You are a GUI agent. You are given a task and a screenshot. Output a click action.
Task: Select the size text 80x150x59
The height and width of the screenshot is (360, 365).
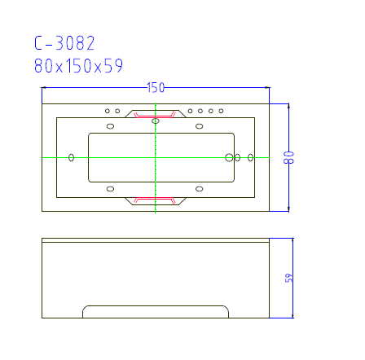click(x=79, y=67)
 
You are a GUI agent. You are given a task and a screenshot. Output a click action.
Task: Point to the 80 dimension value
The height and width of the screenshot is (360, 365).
click(x=288, y=157)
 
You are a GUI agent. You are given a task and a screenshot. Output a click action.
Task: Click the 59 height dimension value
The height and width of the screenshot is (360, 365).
click(x=288, y=278)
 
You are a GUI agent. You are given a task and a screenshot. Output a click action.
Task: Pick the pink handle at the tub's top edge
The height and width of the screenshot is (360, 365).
click(x=155, y=115)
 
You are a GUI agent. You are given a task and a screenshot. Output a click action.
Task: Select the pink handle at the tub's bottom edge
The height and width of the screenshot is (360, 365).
click(x=155, y=198)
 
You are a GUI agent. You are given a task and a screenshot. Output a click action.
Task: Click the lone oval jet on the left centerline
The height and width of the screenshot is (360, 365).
click(x=72, y=156)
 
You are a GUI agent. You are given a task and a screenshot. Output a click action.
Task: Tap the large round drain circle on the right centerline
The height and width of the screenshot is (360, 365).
click(x=229, y=157)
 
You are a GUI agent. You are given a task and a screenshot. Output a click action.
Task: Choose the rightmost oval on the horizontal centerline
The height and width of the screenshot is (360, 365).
click(x=250, y=157)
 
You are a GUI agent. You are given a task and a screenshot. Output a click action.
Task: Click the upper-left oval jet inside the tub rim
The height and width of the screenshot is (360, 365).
click(x=111, y=125)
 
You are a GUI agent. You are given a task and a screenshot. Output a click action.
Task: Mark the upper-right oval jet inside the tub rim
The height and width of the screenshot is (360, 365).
click(x=199, y=125)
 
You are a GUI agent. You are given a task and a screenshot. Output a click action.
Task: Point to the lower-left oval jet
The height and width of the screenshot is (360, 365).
click(x=111, y=189)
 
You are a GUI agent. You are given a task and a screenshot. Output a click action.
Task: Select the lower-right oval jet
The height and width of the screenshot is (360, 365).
click(x=199, y=189)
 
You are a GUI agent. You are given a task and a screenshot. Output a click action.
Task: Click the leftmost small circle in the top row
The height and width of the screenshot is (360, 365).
click(x=107, y=111)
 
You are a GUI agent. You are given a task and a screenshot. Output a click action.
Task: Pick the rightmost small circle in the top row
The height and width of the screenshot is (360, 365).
click(x=221, y=111)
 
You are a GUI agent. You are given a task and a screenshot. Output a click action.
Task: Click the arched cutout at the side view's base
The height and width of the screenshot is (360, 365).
click(x=156, y=311)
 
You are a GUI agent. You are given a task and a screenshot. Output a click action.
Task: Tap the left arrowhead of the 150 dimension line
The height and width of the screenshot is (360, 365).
click(x=45, y=88)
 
